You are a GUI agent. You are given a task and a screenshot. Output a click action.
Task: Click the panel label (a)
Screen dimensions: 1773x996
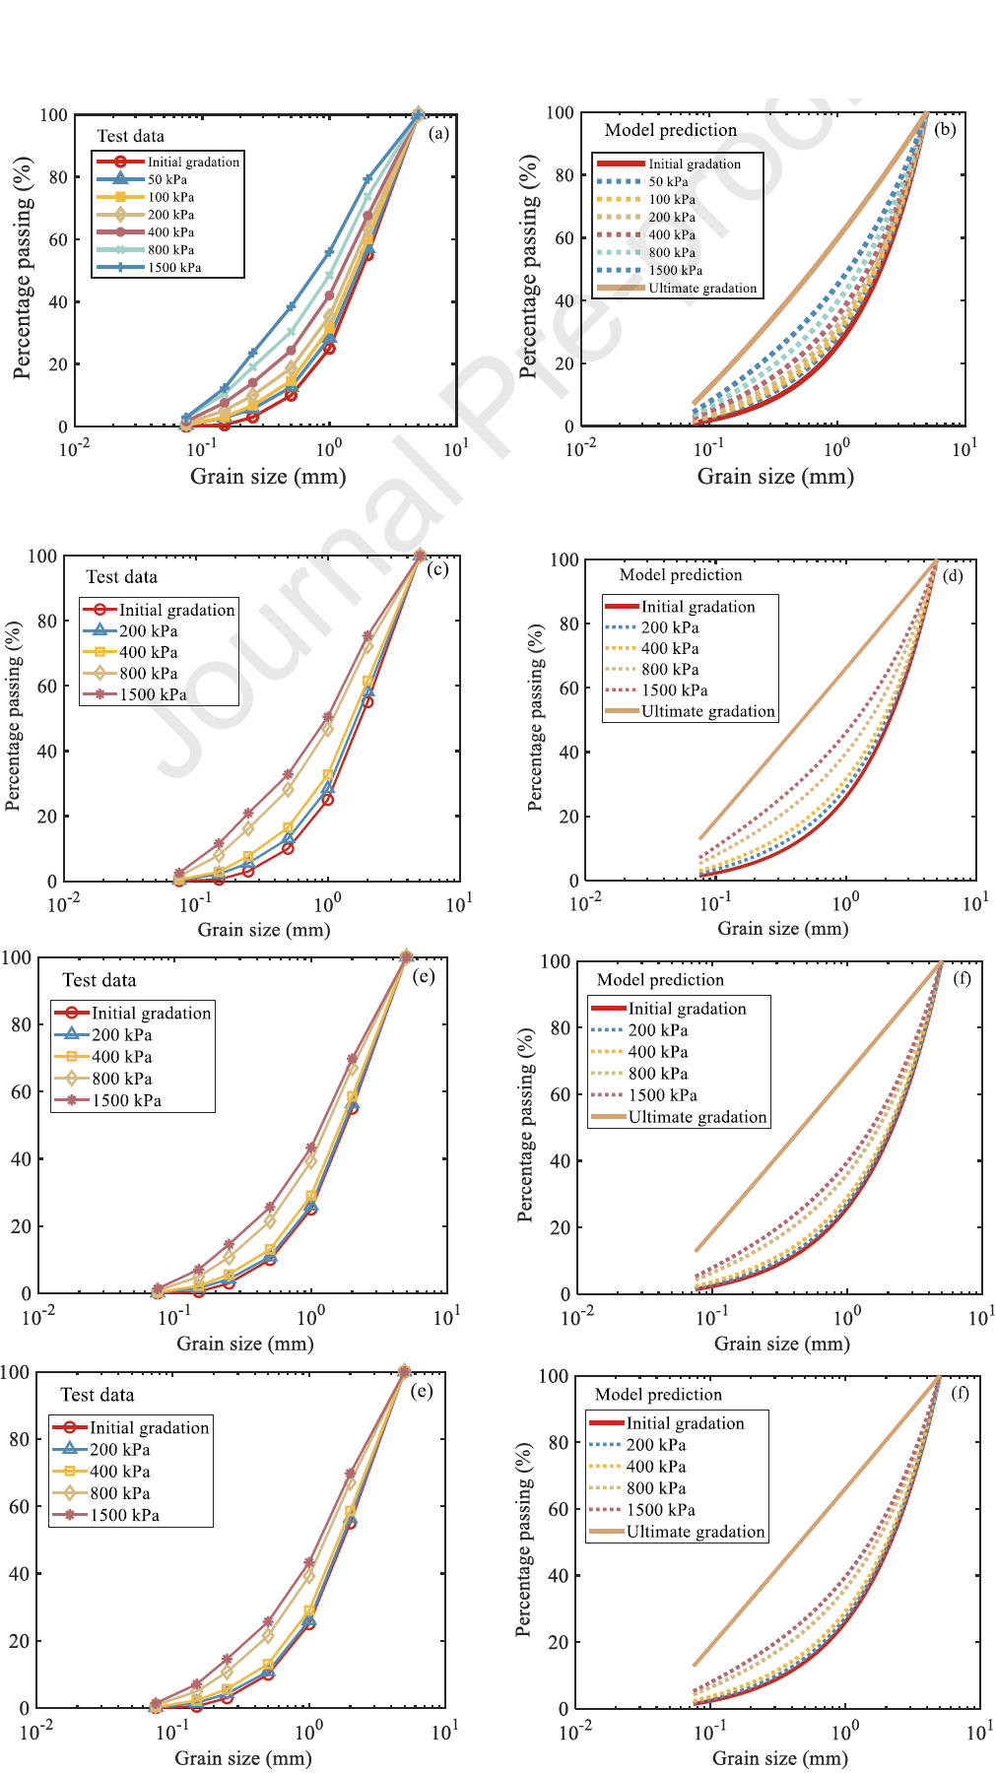pyautogui.click(x=438, y=134)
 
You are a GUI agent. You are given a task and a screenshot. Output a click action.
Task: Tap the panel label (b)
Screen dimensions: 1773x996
pyautogui.click(x=945, y=129)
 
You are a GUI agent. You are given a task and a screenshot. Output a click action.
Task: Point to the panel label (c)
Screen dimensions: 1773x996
pyautogui.click(x=438, y=569)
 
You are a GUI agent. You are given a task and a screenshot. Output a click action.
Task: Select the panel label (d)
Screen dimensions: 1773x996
pyautogui.click(x=953, y=575)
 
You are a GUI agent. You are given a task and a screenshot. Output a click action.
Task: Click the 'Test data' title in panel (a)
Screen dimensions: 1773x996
pyautogui.click(x=130, y=136)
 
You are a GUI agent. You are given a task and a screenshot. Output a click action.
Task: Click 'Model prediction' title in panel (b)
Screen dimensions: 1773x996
pyautogui.click(x=671, y=130)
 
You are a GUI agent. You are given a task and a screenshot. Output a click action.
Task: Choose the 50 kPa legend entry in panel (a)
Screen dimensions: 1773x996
pyautogui.click(x=167, y=179)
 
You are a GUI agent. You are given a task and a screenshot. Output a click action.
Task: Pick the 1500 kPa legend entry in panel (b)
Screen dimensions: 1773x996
pyautogui.click(x=675, y=270)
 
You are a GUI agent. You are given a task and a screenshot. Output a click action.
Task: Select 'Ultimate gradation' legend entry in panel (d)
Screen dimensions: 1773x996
pyautogui.click(x=707, y=711)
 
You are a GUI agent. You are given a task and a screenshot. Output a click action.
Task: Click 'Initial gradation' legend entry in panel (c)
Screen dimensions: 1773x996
pyautogui.click(x=176, y=610)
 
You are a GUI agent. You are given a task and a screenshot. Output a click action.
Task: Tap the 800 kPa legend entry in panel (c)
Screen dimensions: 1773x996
pyautogui.click(x=148, y=674)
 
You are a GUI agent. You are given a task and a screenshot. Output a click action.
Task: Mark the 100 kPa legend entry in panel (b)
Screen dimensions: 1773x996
pyautogui.click(x=672, y=199)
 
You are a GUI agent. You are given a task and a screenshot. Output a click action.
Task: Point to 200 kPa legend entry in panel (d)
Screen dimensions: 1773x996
pyautogui.click(x=670, y=627)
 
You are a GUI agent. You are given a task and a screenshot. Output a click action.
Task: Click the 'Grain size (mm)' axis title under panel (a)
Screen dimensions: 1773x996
pyautogui.click(x=268, y=477)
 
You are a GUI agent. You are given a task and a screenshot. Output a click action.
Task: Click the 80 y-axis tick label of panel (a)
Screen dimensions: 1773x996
pyautogui.click(x=58, y=177)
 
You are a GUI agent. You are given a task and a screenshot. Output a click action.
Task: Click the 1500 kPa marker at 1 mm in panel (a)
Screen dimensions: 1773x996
pyautogui.click(x=329, y=252)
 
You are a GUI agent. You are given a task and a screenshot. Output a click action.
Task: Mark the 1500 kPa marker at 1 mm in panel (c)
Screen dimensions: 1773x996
pyautogui.click(x=328, y=717)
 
